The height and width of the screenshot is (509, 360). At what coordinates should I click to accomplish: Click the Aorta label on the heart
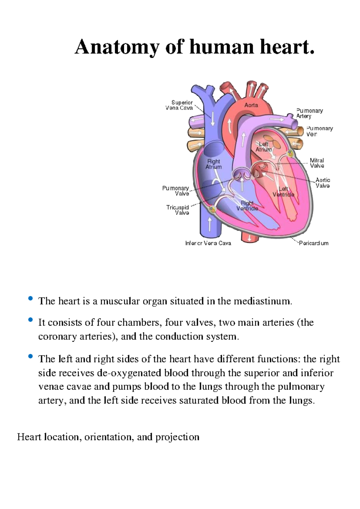tap(251, 105)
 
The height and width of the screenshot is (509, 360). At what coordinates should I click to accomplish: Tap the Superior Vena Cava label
tap(179, 105)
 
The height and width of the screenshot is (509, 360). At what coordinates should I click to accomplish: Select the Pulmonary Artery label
tap(310, 113)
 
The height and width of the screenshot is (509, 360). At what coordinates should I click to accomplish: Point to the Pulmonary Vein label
tap(319, 131)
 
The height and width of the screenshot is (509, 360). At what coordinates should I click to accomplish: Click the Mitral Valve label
tap(317, 163)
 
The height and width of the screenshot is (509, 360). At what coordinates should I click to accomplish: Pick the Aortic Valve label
tap(323, 183)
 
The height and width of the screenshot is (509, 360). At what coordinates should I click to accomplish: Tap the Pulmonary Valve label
tap(175, 191)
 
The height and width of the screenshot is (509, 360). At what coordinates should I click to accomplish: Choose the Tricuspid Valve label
tap(178, 210)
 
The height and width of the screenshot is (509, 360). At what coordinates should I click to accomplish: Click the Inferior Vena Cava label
tap(208, 243)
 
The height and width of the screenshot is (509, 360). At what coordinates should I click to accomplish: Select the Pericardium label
tap(314, 243)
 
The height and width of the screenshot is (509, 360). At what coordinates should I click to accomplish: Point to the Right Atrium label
tap(214, 164)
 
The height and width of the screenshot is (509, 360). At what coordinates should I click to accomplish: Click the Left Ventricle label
tap(283, 191)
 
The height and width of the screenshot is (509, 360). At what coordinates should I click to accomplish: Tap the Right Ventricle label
tap(247, 205)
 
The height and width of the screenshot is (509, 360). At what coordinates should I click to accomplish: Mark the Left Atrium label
tap(263, 146)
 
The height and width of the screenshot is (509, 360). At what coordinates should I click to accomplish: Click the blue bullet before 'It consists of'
tap(30, 320)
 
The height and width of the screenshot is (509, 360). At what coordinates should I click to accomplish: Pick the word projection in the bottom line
tap(177, 437)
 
